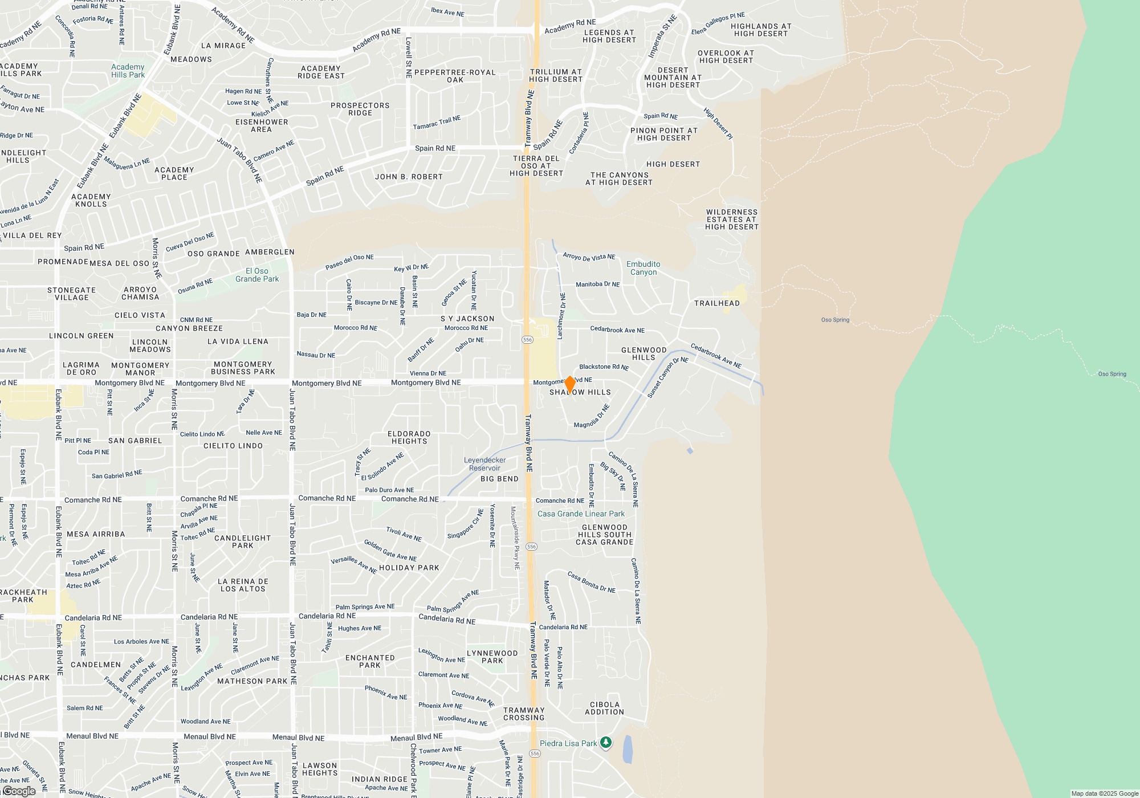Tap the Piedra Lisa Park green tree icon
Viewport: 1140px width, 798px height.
pyautogui.click(x=606, y=742)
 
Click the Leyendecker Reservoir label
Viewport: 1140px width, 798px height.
pyautogui.click(x=484, y=464)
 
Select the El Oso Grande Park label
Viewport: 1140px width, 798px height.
pyautogui.click(x=257, y=275)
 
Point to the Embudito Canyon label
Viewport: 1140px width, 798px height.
pyautogui.click(x=643, y=268)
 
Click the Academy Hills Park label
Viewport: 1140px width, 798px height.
pyautogui.click(x=128, y=71)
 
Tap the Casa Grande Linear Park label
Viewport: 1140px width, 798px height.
pyautogui.click(x=581, y=514)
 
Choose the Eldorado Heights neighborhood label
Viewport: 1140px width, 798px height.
pyautogui.click(x=409, y=437)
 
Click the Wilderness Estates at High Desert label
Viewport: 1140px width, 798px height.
pyautogui.click(x=732, y=219)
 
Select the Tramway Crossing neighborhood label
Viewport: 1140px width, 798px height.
pyautogui.click(x=524, y=714)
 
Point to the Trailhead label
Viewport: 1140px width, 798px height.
pyautogui.click(x=716, y=303)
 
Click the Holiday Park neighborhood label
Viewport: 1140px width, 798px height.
pyautogui.click(x=409, y=568)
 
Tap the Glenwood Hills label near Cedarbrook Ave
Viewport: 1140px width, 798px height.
pyautogui.click(x=644, y=353)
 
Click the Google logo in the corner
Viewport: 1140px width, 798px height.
pyautogui.click(x=19, y=791)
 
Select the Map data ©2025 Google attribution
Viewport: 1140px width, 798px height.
pyautogui.click(x=1104, y=793)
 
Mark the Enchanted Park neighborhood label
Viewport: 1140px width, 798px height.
pyautogui.click(x=370, y=661)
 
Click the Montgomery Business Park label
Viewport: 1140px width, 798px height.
pyautogui.click(x=243, y=368)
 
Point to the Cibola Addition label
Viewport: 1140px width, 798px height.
pyautogui.click(x=604, y=708)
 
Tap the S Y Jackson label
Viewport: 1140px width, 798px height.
pyautogui.click(x=467, y=319)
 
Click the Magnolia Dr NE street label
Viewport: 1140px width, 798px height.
pyautogui.click(x=592, y=417)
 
